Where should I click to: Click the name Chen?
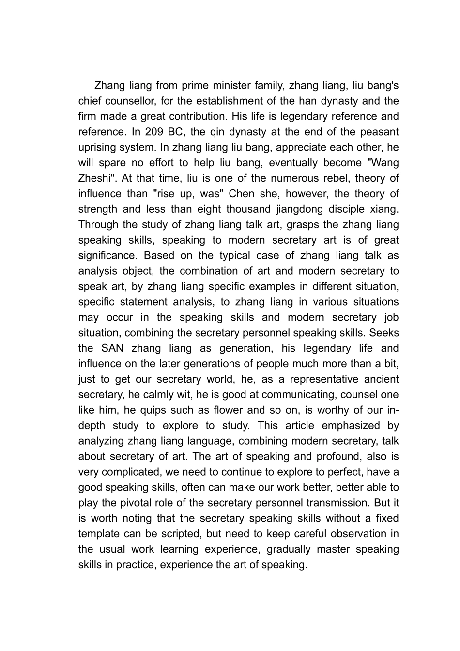(x=242, y=194)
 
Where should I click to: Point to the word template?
(x=99, y=534)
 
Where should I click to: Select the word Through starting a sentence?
(x=98, y=225)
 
